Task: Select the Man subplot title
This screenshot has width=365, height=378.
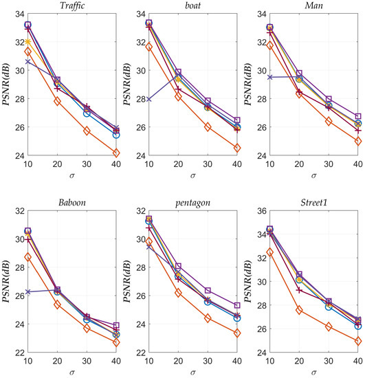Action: pos(317,5)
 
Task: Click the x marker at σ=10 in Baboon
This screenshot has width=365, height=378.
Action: pos(27,292)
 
